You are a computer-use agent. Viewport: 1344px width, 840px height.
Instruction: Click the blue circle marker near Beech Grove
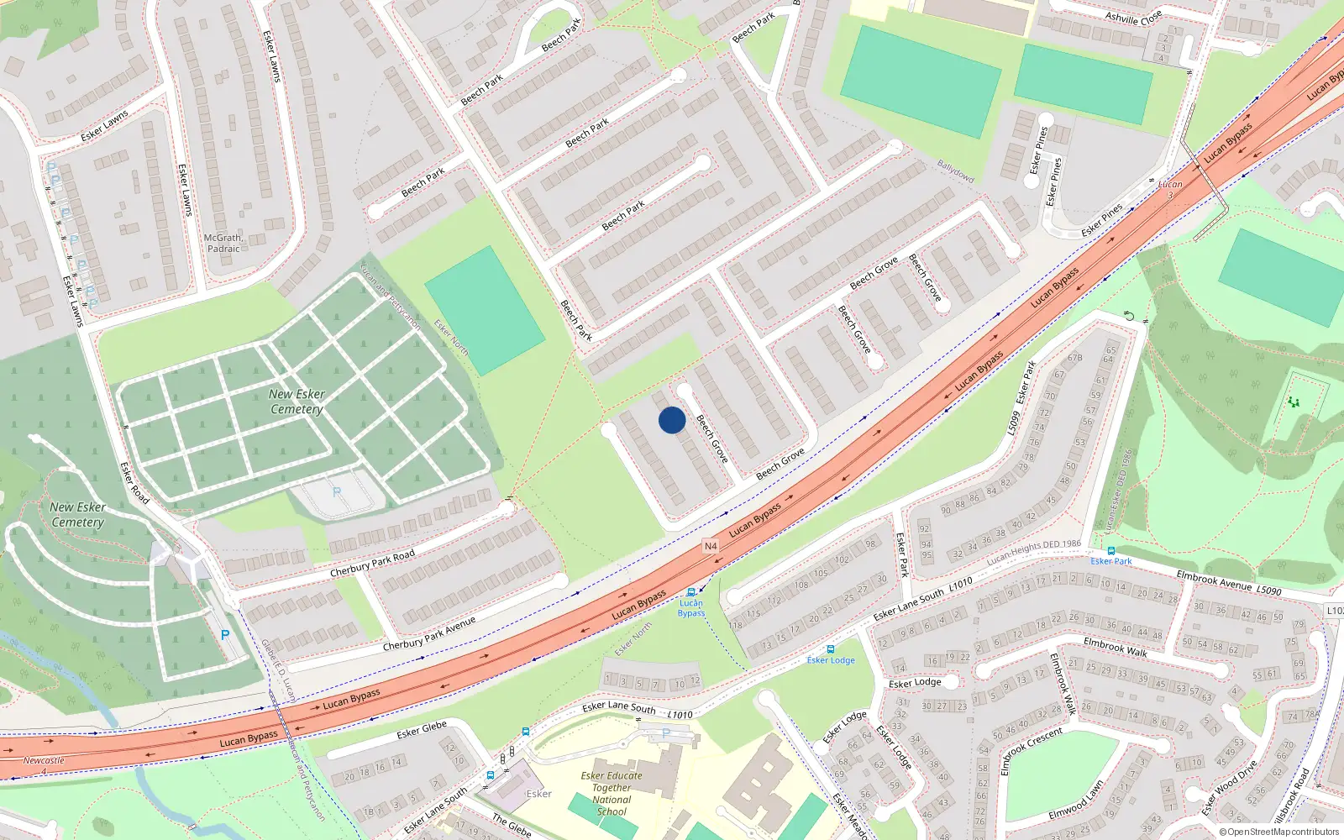click(672, 420)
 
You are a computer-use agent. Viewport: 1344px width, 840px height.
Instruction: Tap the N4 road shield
click(711, 546)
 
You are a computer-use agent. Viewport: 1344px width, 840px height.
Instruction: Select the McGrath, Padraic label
click(223, 244)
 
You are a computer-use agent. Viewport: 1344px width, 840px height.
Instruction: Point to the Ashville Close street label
click(1133, 17)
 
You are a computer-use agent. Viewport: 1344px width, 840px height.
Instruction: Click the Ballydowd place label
click(956, 171)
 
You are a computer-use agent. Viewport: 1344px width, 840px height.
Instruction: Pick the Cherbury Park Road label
click(372, 564)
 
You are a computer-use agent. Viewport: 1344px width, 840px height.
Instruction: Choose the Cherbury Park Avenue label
click(428, 633)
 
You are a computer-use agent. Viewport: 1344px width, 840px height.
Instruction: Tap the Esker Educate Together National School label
click(612, 794)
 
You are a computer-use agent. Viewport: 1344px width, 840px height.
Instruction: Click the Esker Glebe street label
click(422, 730)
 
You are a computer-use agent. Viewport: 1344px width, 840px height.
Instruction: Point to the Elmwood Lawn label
click(1076, 801)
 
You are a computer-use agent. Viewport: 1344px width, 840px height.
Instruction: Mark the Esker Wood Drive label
click(1230, 788)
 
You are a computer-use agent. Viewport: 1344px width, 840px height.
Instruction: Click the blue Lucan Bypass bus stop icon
click(691, 592)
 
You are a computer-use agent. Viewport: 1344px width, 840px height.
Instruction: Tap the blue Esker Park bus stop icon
click(1111, 551)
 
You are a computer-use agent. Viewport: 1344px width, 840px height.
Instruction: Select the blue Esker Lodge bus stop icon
click(831, 649)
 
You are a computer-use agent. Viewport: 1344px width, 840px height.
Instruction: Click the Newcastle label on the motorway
click(44, 761)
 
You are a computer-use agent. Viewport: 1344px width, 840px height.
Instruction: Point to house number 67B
click(1074, 358)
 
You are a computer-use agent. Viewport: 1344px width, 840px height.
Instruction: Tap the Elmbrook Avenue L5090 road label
click(1229, 584)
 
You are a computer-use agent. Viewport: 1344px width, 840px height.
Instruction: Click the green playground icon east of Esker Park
click(1293, 402)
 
